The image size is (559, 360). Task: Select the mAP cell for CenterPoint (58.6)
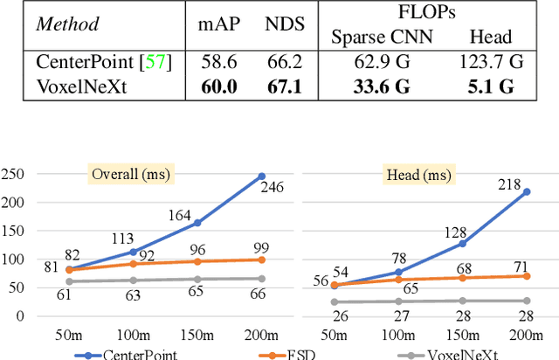(x=207, y=63)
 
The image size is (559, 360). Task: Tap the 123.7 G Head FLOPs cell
(x=490, y=63)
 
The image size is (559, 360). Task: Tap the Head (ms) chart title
(x=414, y=174)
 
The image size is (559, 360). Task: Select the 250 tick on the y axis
(x=17, y=174)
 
